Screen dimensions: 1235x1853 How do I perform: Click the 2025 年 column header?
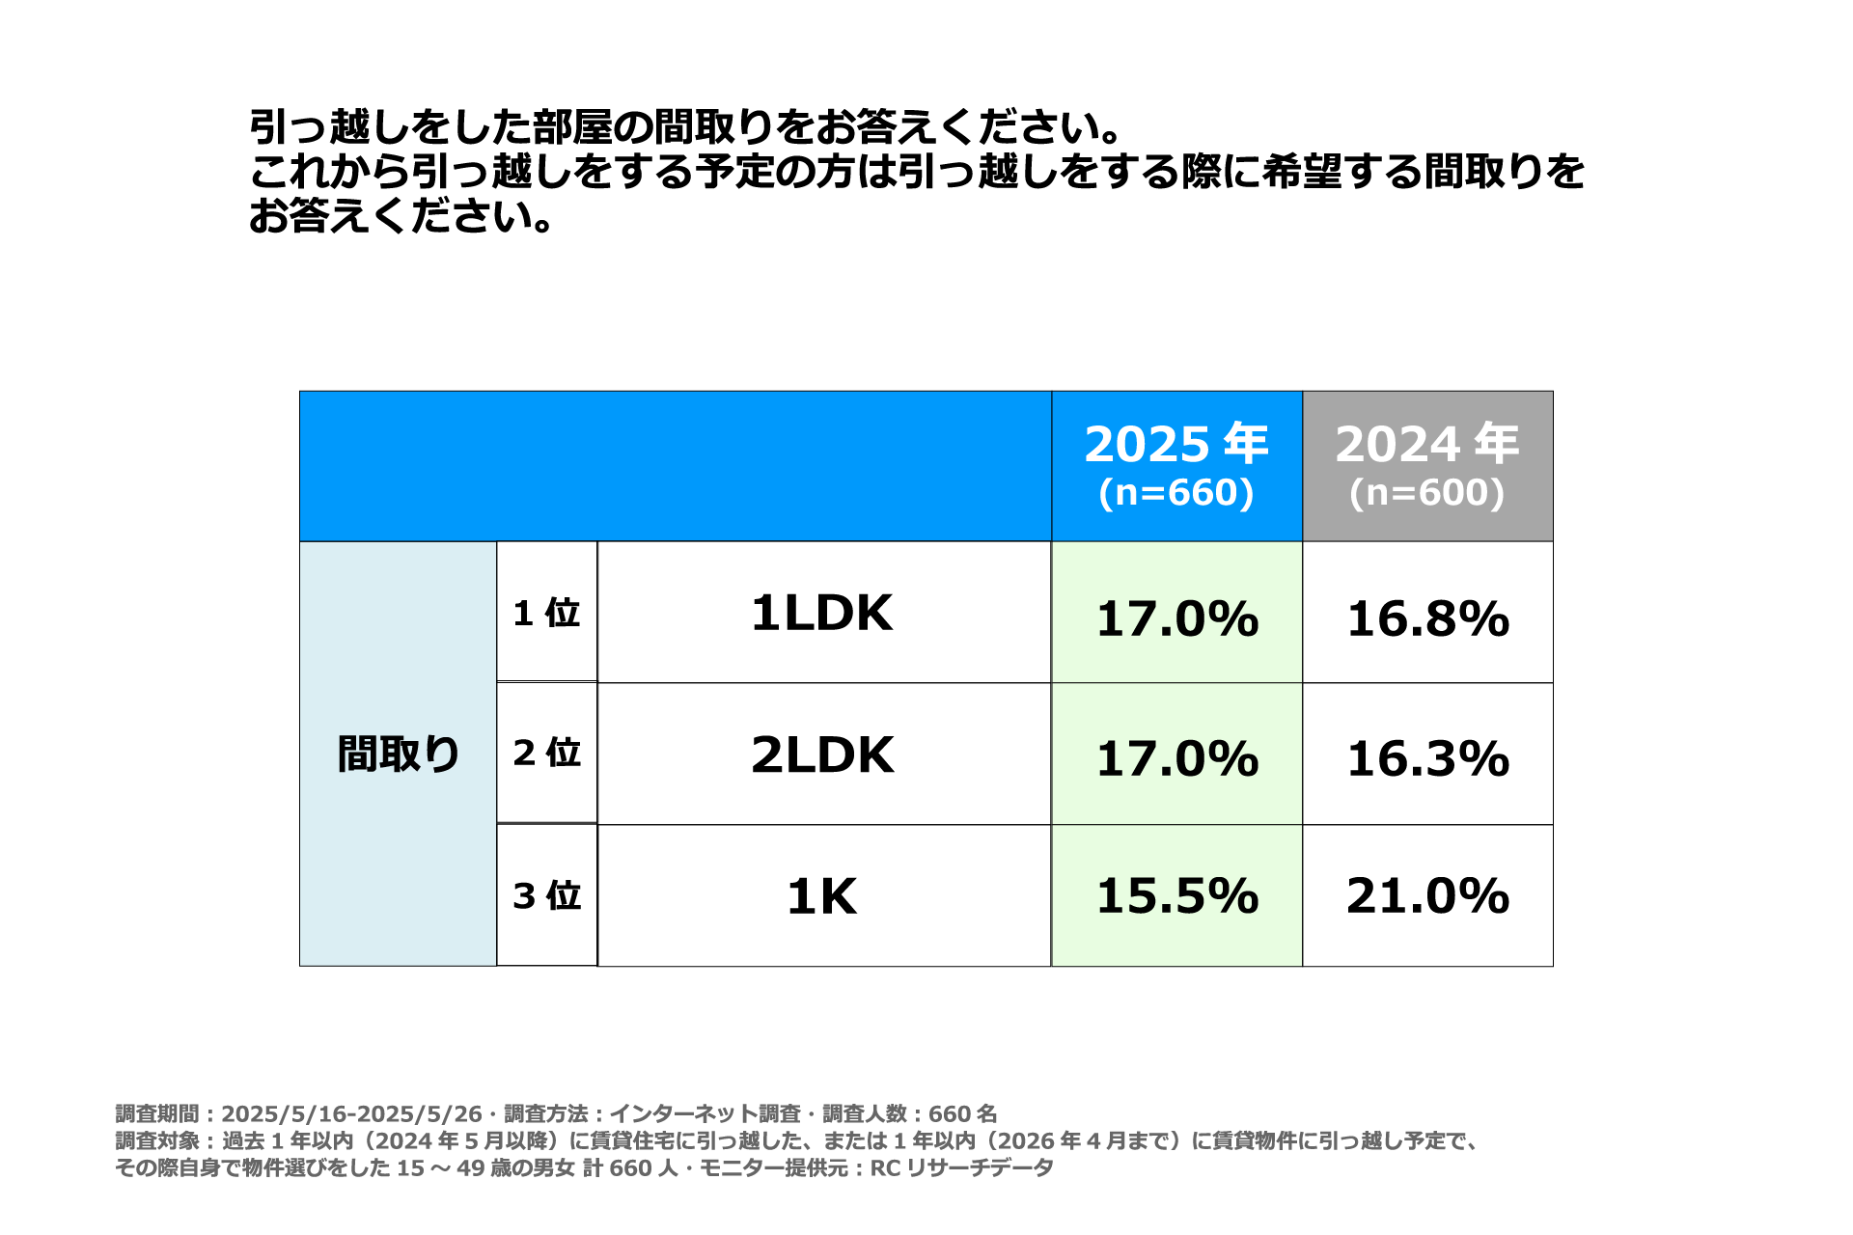click(1176, 444)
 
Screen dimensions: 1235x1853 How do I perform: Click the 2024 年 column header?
click(1427, 444)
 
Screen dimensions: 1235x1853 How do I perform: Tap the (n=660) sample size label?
click(1176, 493)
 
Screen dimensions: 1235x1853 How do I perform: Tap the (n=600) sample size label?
click(1427, 493)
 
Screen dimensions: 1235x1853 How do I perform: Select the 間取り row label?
click(398, 754)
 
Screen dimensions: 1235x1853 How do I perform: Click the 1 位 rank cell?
click(546, 613)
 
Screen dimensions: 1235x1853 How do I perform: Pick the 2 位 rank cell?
click(546, 753)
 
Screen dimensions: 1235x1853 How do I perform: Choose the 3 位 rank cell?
click(546, 895)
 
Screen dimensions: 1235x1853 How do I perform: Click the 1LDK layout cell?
click(822, 613)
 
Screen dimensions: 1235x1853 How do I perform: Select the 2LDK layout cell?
click(822, 755)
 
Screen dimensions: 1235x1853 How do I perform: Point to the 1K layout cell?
click(822, 896)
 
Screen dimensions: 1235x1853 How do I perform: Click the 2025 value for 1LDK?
click(1177, 618)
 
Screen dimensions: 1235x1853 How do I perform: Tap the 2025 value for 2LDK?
click(1177, 758)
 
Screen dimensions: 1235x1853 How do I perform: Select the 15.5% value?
click(1177, 895)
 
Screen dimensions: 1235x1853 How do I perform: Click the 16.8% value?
click(1427, 618)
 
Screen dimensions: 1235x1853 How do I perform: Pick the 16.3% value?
click(1427, 758)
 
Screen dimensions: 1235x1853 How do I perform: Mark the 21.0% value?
click(1427, 895)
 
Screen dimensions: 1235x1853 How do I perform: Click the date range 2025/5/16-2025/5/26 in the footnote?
click(351, 1114)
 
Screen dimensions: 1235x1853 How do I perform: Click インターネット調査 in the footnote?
click(705, 1114)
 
